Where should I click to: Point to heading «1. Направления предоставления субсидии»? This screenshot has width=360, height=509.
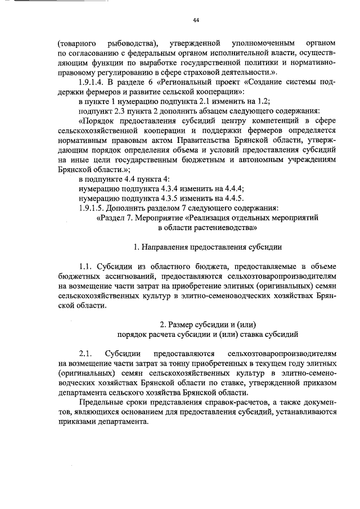[208, 247]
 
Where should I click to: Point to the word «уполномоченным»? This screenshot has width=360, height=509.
[263, 43]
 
